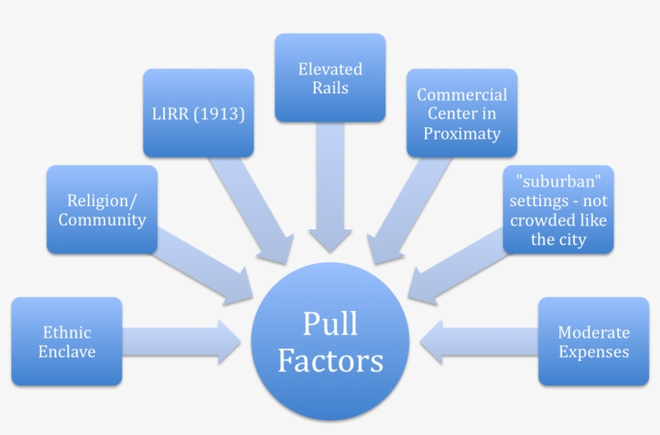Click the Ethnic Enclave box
pyautogui.click(x=67, y=342)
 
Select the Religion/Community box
pyautogui.click(x=101, y=209)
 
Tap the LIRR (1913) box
pyautogui.click(x=198, y=114)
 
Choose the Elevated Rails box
pyautogui.click(x=330, y=78)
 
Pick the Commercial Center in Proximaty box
pyautogui.click(x=461, y=114)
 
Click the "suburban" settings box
pyautogui.click(x=559, y=209)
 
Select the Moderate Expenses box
pyautogui.click(x=593, y=342)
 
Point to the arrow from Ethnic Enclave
pyautogui.click(x=181, y=341)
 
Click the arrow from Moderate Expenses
pyautogui.click(x=479, y=341)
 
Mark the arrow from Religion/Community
pyautogui.click(x=205, y=266)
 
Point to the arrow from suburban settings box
pyautogui.click(x=455, y=266)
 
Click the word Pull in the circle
pyautogui.click(x=330, y=324)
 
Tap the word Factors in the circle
pyautogui.click(x=330, y=361)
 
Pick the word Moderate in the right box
pyautogui.click(x=593, y=332)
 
